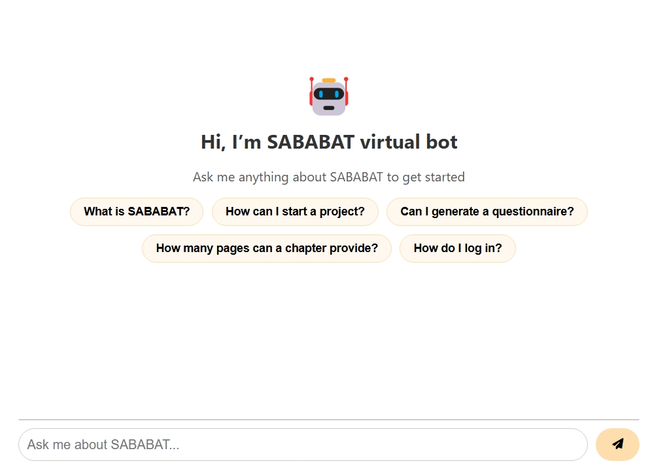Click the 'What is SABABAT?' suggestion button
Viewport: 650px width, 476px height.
[x=137, y=211]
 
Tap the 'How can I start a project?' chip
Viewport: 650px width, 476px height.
[x=295, y=211]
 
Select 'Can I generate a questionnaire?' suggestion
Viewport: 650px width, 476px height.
[x=487, y=211]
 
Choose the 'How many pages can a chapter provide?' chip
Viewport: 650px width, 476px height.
[x=267, y=248]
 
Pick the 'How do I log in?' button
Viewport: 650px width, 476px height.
[x=458, y=248]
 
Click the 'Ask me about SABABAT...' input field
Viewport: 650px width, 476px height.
[x=303, y=445]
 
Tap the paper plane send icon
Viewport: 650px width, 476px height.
[x=617, y=444]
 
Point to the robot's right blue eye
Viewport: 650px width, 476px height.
[x=337, y=94]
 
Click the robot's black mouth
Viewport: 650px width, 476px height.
[x=329, y=108]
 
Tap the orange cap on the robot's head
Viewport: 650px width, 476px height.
[x=329, y=81]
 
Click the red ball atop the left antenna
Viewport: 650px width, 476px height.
[x=312, y=79]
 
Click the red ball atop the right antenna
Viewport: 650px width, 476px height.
[x=346, y=79]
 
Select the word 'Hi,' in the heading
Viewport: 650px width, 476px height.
[x=213, y=142]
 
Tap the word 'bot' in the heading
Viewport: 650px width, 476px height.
[x=443, y=142]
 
